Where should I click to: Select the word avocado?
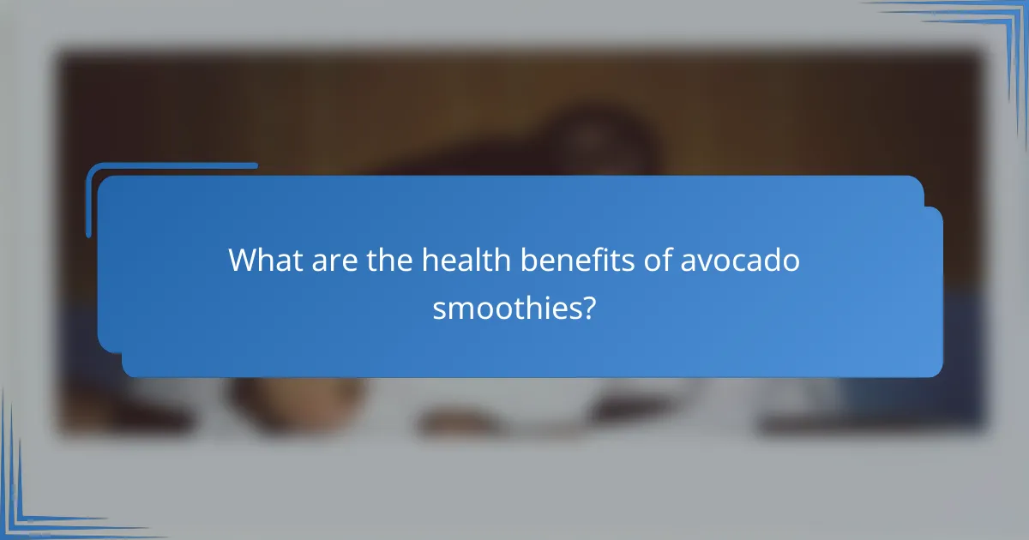pos(740,261)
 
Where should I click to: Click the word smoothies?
pos(503,307)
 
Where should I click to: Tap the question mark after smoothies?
pos(587,307)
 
